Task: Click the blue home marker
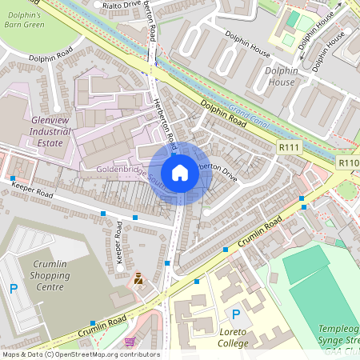tap(180, 173)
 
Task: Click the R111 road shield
tap(289, 147)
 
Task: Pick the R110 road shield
tap(349, 163)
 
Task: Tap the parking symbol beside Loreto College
tap(235, 314)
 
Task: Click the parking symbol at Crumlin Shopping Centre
tap(13, 289)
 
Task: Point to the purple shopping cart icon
tap(130, 342)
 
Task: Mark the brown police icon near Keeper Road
tap(138, 278)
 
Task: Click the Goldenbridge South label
tap(127, 170)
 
